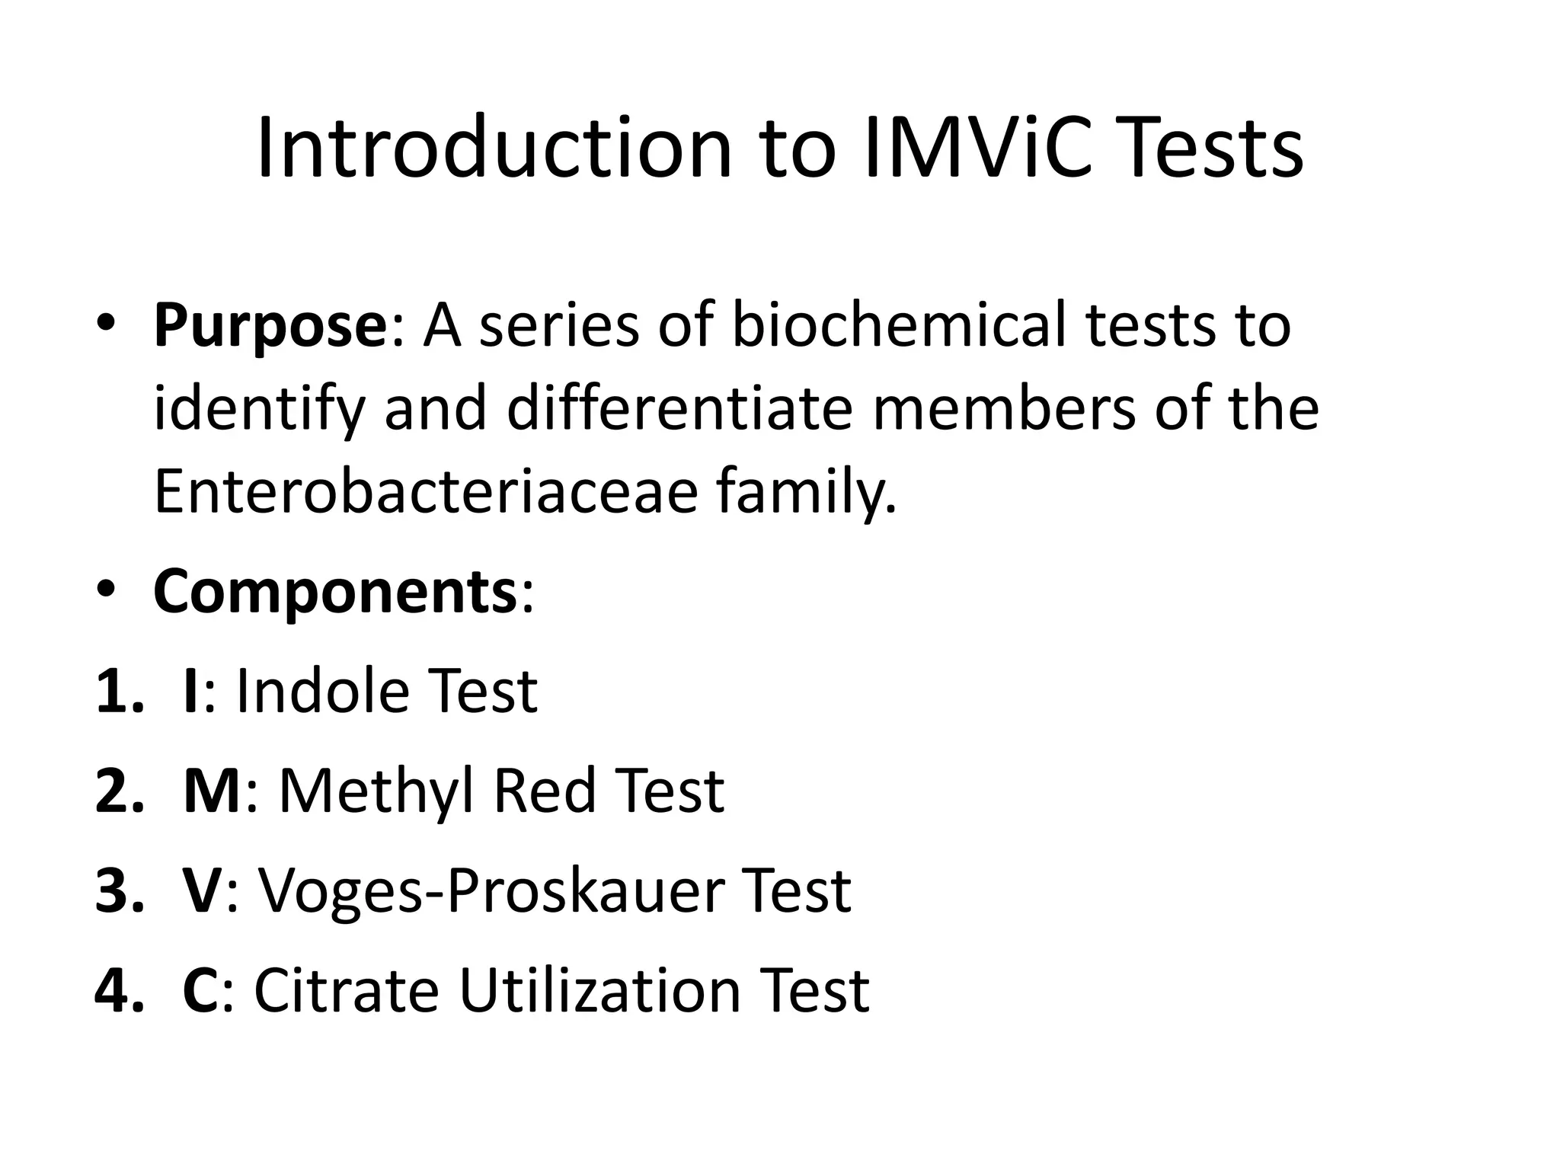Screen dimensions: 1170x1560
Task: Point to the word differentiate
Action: tap(679, 409)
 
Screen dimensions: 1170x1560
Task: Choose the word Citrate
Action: tap(346, 990)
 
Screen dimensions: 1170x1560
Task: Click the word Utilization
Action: tap(600, 990)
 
